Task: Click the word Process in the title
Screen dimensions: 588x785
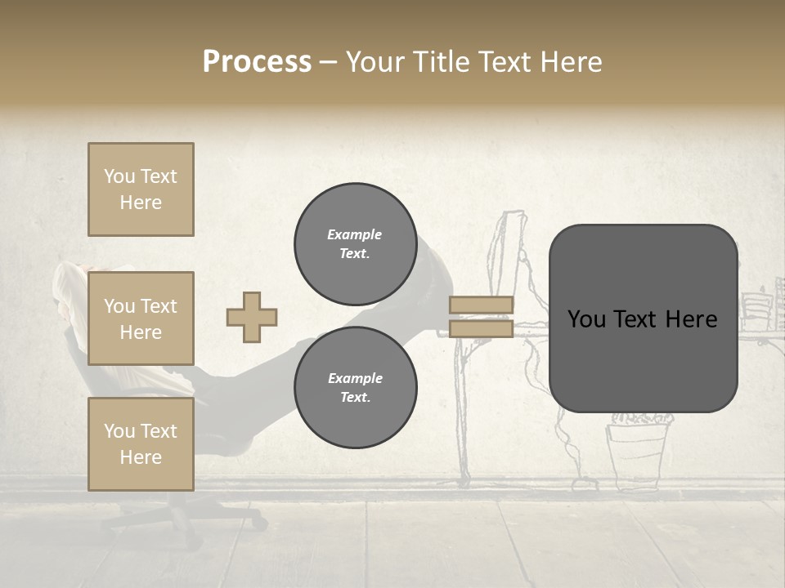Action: point(257,62)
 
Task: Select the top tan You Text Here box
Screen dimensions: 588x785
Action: point(141,189)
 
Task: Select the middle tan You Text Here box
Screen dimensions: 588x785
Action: point(141,318)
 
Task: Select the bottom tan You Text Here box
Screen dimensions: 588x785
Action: point(141,444)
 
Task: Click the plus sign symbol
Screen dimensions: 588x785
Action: point(252,317)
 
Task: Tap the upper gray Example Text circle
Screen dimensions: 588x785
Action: point(355,244)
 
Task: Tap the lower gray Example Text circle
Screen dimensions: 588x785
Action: point(355,388)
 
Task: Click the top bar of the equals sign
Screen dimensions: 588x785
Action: point(482,305)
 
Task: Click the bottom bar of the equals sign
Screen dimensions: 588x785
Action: point(482,328)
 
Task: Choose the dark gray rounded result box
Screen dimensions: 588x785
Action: point(643,318)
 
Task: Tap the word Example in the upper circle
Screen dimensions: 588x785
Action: point(355,234)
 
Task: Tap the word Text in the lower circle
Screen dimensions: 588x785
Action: point(355,398)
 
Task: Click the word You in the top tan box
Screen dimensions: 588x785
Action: point(119,176)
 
